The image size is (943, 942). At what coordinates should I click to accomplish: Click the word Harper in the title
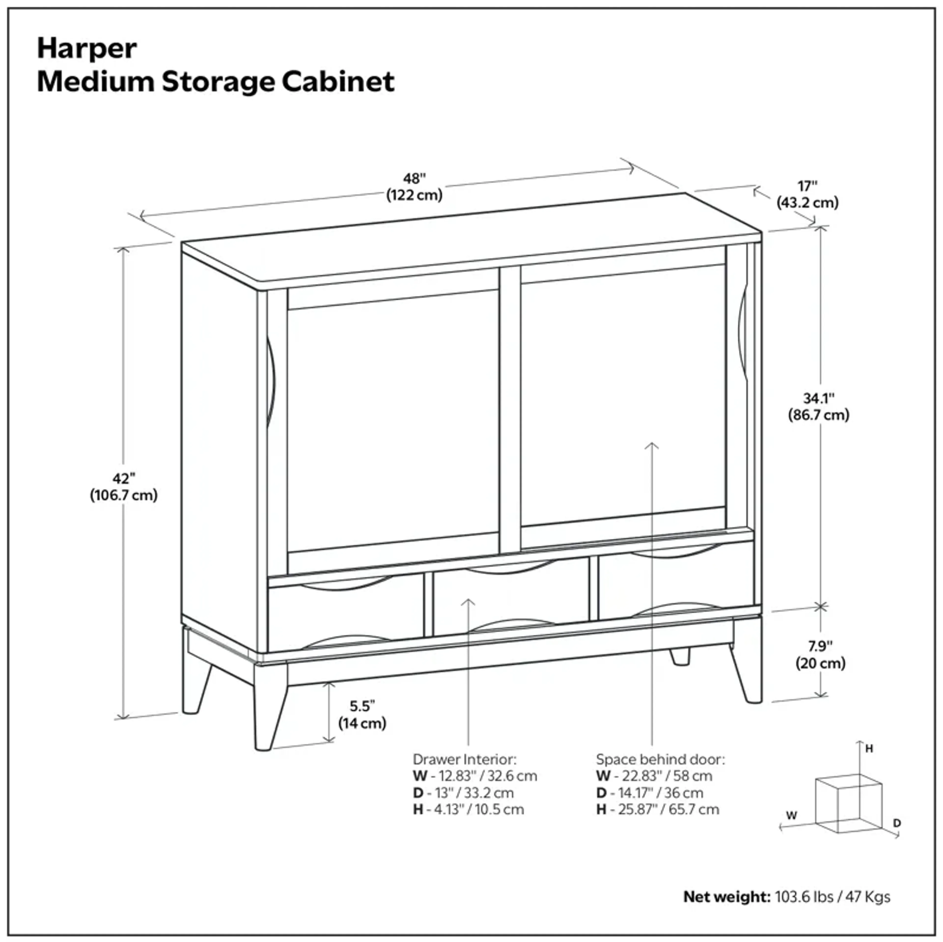[x=87, y=49]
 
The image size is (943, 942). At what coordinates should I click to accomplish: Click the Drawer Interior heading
[x=464, y=759]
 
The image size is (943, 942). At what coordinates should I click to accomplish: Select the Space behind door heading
[x=660, y=759]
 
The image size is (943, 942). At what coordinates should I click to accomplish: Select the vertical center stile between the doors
[x=510, y=410]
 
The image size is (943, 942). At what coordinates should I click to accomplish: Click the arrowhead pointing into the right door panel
[x=652, y=445]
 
